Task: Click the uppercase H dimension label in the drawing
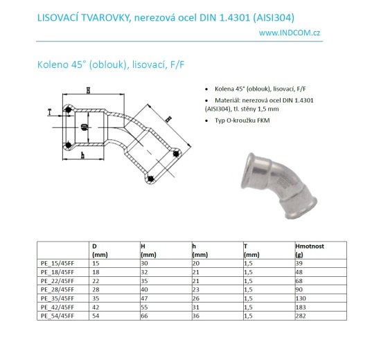[x=88, y=90]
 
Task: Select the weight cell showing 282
[x=300, y=315]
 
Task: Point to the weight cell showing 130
[x=300, y=298]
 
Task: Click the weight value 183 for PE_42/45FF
[x=300, y=307]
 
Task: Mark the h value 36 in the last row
[x=196, y=315]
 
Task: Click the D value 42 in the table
[x=96, y=307]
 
